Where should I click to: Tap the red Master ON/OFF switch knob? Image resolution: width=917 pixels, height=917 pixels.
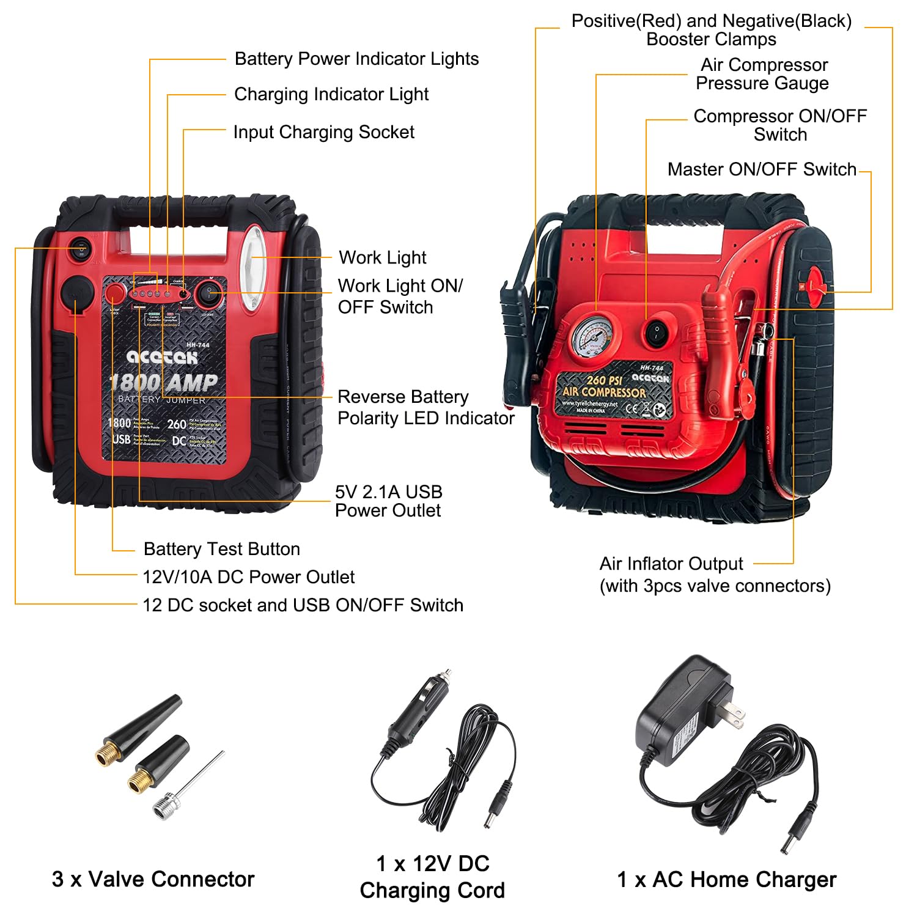pos(814,285)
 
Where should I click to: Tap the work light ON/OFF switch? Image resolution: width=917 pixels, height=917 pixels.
pos(210,293)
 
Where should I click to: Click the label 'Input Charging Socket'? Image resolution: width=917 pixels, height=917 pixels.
pos(323,132)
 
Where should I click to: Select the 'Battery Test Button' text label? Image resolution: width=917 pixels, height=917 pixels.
pos(221,549)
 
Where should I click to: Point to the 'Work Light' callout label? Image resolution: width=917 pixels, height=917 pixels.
pos(382,257)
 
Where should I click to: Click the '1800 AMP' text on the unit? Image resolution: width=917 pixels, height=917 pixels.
pos(164,383)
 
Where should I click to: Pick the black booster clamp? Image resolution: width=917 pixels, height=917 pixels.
pos(520,342)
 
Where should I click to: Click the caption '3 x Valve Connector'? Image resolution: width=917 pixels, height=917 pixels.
pos(153,879)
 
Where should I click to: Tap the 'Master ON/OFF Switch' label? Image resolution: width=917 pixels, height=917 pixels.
pos(761,169)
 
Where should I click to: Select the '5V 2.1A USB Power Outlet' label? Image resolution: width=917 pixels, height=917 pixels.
pos(388,501)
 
